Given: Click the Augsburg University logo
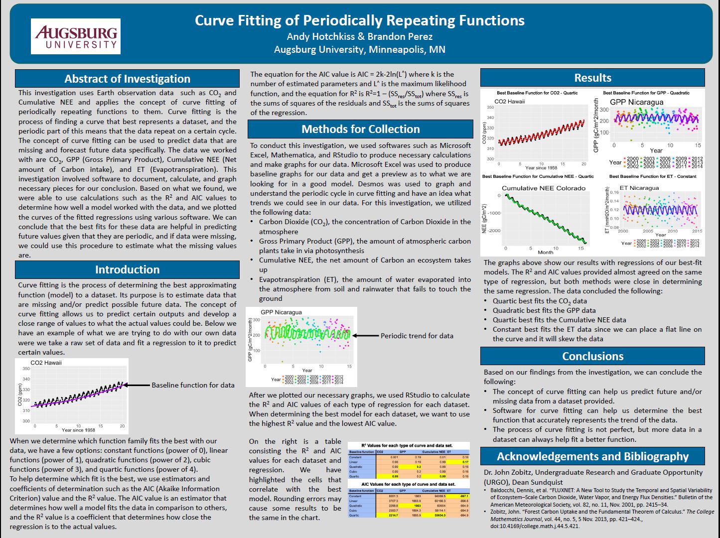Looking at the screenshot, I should tap(76, 36).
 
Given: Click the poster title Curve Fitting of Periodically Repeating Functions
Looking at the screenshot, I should tap(359, 20).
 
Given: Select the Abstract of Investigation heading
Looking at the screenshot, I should tap(127, 79).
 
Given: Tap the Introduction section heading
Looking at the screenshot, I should tap(127, 269).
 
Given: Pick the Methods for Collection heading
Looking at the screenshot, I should tap(360, 129).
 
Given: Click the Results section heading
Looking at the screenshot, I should tap(592, 78).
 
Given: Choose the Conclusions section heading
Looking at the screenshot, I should tap(592, 356).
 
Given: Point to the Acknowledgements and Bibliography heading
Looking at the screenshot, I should tap(592, 456).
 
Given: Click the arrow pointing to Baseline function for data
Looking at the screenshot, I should tap(137, 385).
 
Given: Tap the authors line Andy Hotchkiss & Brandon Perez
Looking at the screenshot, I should tap(359, 36).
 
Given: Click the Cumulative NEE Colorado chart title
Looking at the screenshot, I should tap(543, 188).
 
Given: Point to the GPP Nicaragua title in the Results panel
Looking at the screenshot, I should tap(636, 102).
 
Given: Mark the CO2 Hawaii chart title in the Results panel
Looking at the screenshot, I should tap(509, 102).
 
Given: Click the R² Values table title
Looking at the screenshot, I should tap(407, 445).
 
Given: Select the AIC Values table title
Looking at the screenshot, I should tap(408, 484).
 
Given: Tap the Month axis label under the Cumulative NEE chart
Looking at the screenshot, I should tap(545, 252).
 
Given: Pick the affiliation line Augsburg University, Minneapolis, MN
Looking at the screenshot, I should tap(359, 49).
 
